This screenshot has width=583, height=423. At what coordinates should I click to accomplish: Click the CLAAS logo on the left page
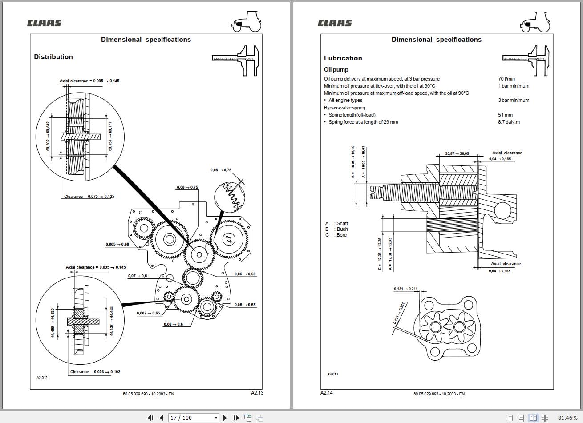(44, 23)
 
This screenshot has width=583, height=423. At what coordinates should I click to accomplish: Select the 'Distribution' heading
(53, 57)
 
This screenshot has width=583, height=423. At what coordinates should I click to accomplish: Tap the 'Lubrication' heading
(343, 58)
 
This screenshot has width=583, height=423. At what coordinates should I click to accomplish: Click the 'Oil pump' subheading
(336, 70)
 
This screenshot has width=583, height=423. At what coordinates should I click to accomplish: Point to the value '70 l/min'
(506, 79)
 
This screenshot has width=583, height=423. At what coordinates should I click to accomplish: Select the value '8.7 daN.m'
(509, 122)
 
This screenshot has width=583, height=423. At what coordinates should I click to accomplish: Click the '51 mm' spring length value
(505, 115)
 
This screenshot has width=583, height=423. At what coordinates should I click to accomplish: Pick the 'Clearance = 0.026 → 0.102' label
(95, 372)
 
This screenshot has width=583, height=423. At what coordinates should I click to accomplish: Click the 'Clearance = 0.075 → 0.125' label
(89, 197)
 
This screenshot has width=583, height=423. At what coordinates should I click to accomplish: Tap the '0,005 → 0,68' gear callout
(117, 244)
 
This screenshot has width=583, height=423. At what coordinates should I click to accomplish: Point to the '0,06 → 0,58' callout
(245, 274)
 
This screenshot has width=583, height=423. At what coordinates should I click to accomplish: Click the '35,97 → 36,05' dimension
(457, 154)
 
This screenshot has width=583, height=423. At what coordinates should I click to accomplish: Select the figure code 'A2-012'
(42, 378)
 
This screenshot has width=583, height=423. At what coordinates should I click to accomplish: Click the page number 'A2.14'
(326, 393)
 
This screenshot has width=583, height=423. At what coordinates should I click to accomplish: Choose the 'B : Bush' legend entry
(336, 229)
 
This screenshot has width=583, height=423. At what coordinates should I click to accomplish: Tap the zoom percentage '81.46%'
(567, 418)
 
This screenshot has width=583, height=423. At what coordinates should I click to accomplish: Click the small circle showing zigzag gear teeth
(229, 196)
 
